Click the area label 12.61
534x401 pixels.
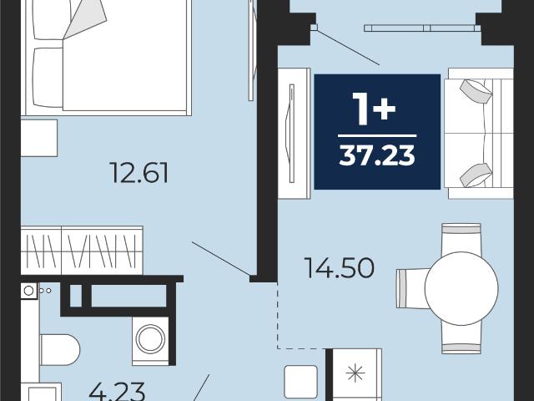point(139,173)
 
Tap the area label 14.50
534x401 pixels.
point(340,267)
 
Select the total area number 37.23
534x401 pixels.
point(377,155)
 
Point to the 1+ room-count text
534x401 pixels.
point(374,109)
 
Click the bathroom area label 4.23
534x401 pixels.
point(117,392)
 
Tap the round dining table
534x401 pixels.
point(461,288)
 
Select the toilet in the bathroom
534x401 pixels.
point(60,349)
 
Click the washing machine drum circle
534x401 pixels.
point(150,339)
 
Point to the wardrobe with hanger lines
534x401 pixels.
point(82,250)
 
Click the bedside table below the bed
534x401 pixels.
point(39,138)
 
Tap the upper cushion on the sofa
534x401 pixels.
point(476,91)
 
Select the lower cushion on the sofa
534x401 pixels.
point(476,175)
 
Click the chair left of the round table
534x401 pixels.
point(412,288)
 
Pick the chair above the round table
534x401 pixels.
point(461,239)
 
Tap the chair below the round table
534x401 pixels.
point(461,338)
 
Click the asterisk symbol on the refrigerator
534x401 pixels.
point(355,373)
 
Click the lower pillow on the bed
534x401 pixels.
point(48,78)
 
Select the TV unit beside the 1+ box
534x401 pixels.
point(295,134)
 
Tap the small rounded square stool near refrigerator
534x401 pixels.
point(300,382)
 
